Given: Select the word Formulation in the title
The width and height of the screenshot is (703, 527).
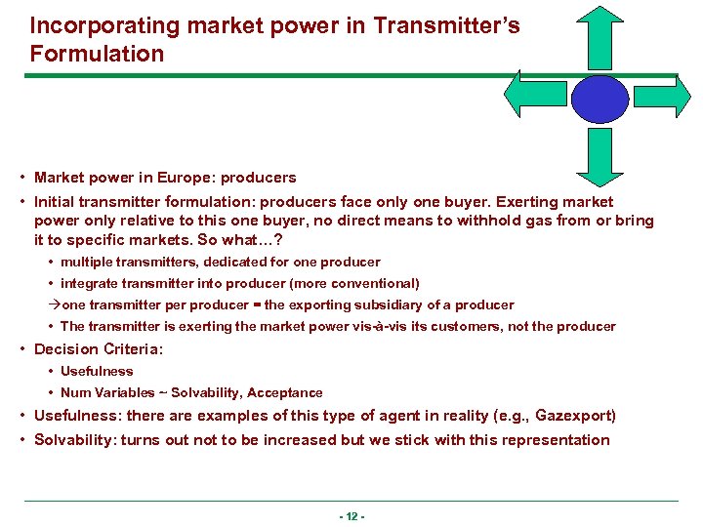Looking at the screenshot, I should point(97,55).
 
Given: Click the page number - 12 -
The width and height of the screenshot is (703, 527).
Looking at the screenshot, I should point(351,516).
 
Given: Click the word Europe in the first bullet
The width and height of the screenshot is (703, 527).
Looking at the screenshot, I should point(186,178).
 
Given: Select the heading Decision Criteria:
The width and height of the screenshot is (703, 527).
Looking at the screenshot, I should point(99,348).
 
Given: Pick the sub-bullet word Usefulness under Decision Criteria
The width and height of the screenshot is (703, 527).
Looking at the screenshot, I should point(97,371).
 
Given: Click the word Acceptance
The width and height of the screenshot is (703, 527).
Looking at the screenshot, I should point(284,392).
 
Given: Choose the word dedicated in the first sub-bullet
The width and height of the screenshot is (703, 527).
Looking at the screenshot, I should point(214,262).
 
